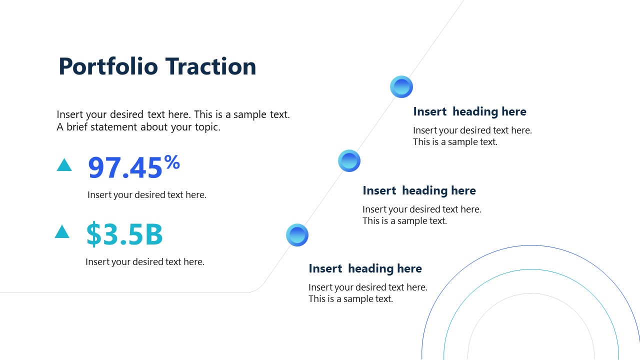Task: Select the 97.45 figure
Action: pyautogui.click(x=125, y=168)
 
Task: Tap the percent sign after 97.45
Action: pyautogui.click(x=172, y=162)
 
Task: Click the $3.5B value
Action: pyautogui.click(x=124, y=234)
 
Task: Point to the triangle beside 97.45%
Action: pyautogui.click(x=64, y=165)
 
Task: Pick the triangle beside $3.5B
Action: pyautogui.click(x=62, y=231)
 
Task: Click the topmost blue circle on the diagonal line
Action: pyautogui.click(x=401, y=87)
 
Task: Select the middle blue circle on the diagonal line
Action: pyautogui.click(x=349, y=161)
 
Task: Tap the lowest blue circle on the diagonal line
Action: pyautogui.click(x=297, y=235)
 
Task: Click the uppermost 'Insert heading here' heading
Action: pyautogui.click(x=469, y=111)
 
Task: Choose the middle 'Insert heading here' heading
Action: pyautogui.click(x=419, y=190)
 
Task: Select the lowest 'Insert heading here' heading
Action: pyautogui.click(x=365, y=268)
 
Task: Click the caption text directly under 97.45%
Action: pyautogui.click(x=146, y=195)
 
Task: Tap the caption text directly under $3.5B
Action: pyautogui.click(x=145, y=261)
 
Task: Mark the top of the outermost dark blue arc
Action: pyautogui.click(x=531, y=245)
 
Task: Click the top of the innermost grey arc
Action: pyautogui.click(x=531, y=293)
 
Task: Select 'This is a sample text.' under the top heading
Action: pyautogui.click(x=455, y=142)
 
